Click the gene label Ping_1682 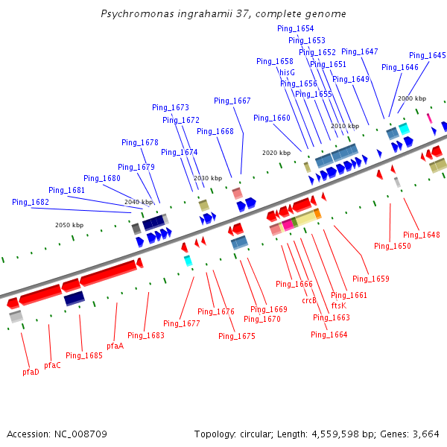click(x=31, y=203)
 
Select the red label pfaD click(x=31, y=372)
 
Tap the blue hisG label click(x=288, y=72)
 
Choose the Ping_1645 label click(x=428, y=56)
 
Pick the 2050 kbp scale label click(x=69, y=225)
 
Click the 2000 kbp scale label click(x=412, y=98)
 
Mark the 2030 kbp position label click(x=208, y=178)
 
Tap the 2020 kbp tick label click(x=276, y=153)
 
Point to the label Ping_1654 click(x=295, y=29)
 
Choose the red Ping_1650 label click(x=393, y=246)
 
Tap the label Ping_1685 click(x=84, y=355)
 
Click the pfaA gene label click(x=115, y=346)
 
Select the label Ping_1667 click(x=232, y=101)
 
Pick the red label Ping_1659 click(x=371, y=279)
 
